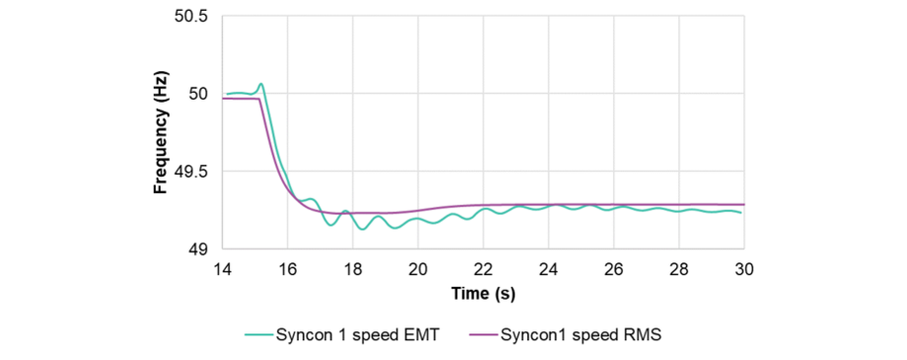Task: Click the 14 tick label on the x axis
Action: [222, 269]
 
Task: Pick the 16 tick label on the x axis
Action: [287, 269]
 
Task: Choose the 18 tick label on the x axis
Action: [352, 269]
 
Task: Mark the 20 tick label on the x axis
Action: [418, 269]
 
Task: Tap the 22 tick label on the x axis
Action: [483, 269]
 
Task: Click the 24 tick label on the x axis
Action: [548, 269]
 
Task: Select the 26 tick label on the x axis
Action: [613, 269]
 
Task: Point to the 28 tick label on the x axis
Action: [679, 269]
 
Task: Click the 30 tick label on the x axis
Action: [743, 269]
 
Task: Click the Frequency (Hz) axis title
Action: [160, 133]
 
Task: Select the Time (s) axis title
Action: [483, 294]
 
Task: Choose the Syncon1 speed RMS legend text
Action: [581, 334]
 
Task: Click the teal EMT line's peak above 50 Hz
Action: [261, 84]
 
